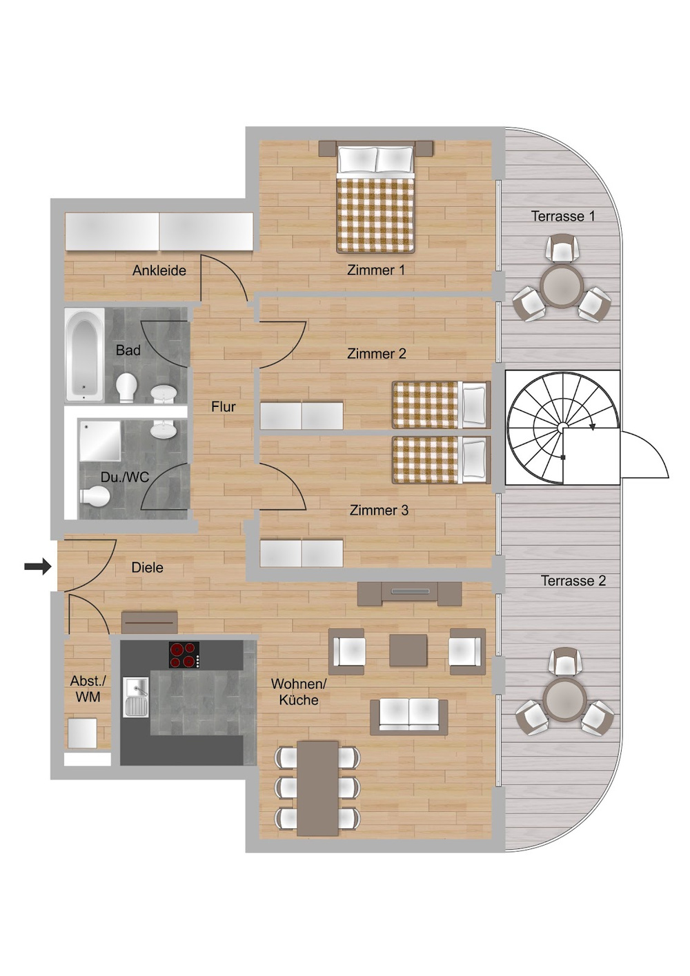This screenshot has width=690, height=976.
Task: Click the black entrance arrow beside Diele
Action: point(37,567)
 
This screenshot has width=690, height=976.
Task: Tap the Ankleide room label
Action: point(159,270)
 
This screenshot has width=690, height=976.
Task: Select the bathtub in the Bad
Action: point(85,355)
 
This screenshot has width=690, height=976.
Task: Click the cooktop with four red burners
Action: point(184,655)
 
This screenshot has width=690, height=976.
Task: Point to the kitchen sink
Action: point(137,697)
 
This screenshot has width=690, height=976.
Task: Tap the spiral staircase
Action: point(563,427)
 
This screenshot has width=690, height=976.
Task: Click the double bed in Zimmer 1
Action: point(375,197)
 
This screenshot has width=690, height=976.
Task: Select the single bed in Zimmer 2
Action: point(441,405)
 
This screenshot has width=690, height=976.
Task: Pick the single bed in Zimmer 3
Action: point(441,459)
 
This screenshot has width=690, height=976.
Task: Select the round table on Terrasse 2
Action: point(564,700)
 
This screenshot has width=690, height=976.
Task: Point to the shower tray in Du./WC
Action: point(100,441)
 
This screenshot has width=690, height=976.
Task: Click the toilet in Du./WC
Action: point(95,496)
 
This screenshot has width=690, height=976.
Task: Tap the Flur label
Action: point(223,407)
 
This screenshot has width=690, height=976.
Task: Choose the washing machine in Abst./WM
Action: point(82,733)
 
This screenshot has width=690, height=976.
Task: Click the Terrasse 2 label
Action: point(573,581)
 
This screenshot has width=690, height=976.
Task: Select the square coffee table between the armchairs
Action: point(408,650)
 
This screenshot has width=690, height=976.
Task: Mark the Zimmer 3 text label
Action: point(379,510)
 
